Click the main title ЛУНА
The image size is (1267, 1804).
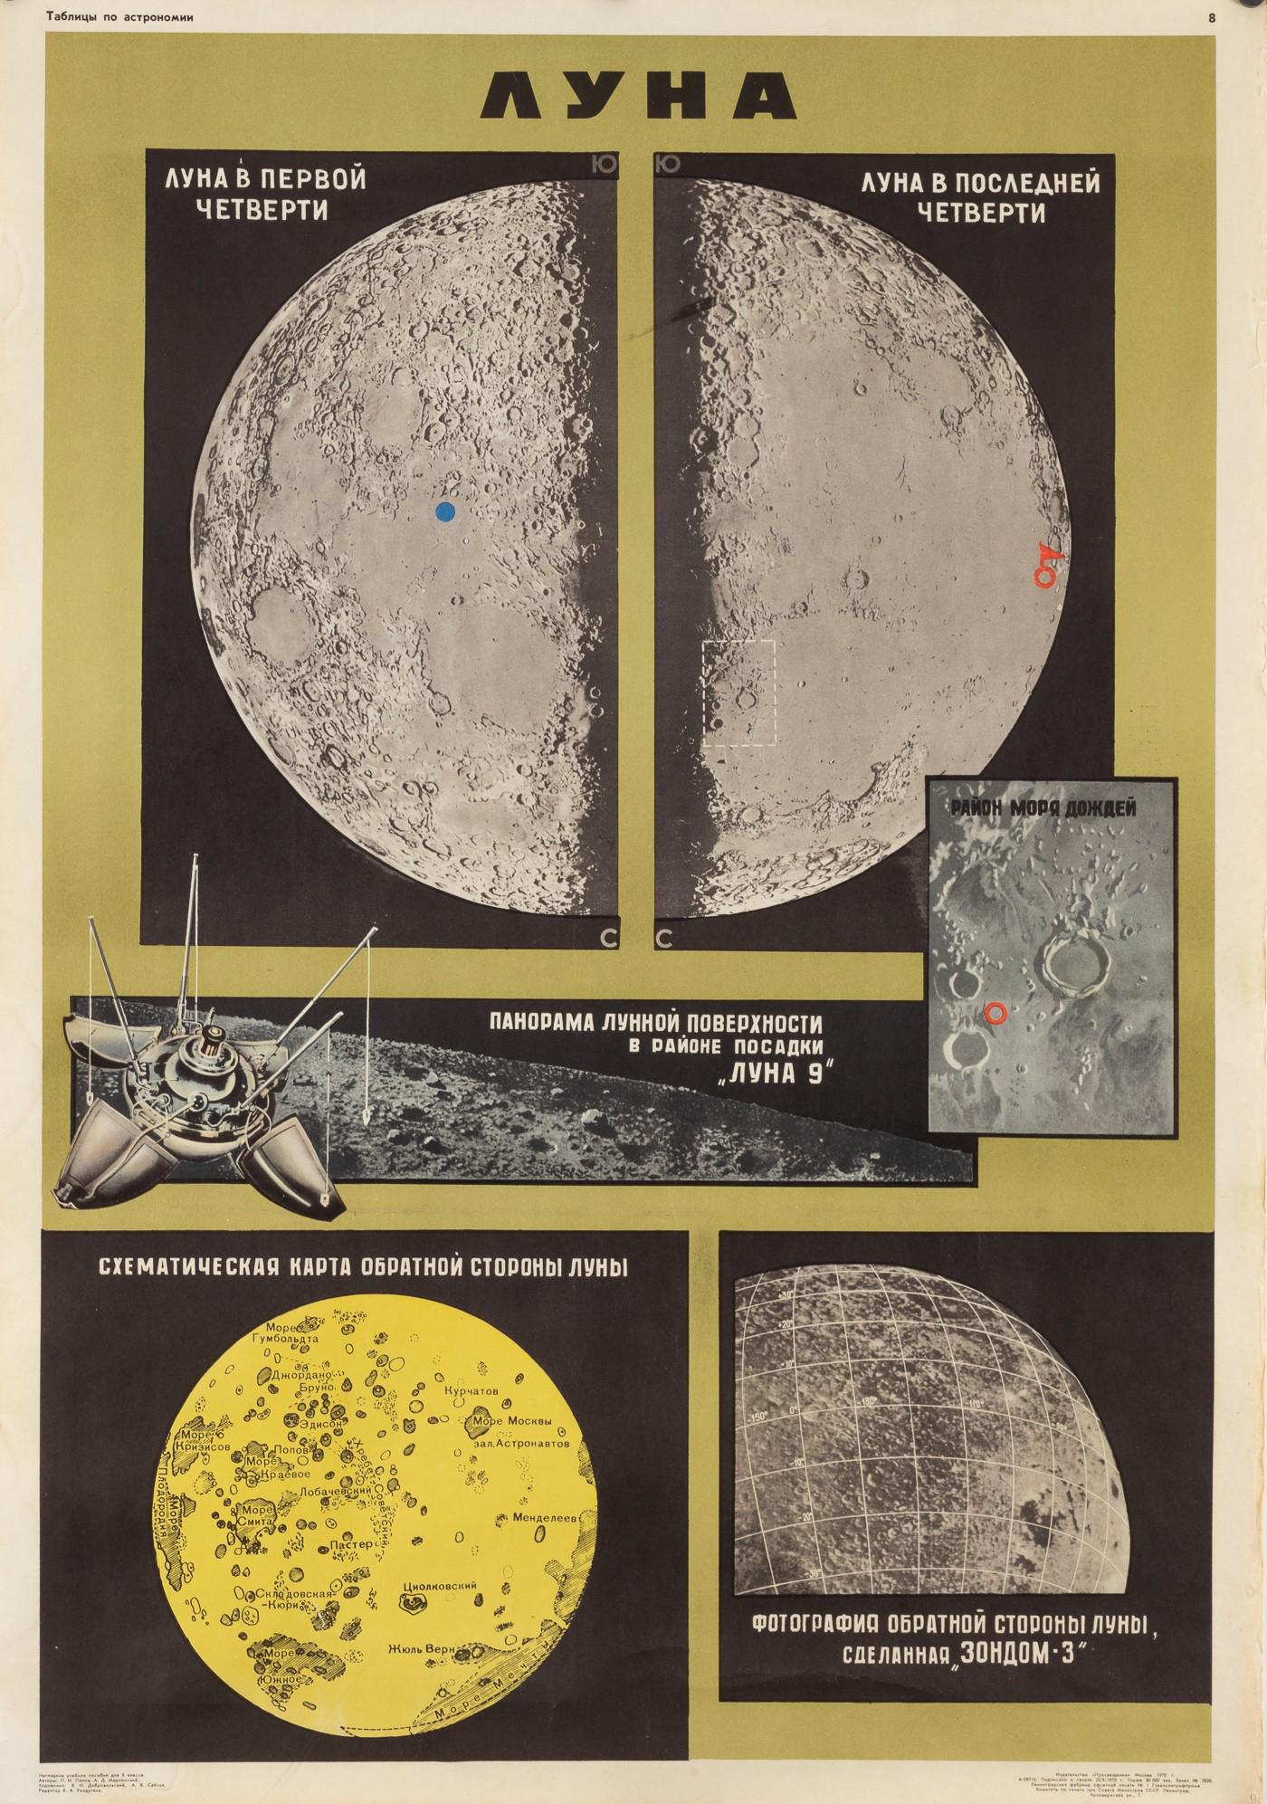click(x=633, y=94)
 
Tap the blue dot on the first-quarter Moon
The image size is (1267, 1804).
click(x=444, y=512)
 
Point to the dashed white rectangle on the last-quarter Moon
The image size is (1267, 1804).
click(x=739, y=693)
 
